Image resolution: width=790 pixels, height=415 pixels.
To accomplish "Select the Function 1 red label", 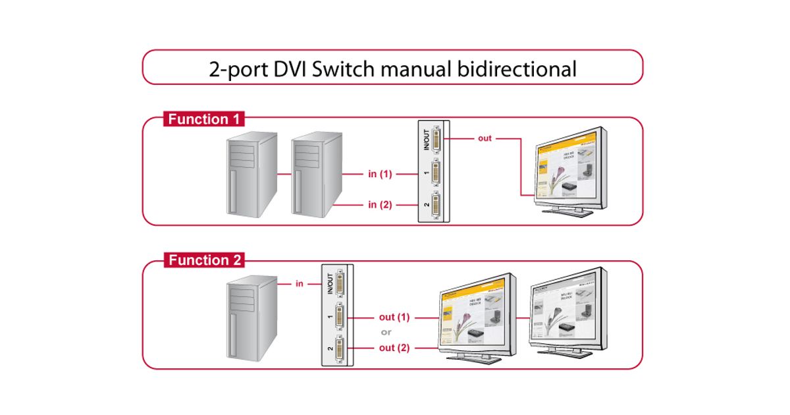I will coord(204,119).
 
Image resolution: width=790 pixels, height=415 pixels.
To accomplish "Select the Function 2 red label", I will coord(204,260).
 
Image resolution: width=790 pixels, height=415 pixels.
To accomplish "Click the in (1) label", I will coord(380,174).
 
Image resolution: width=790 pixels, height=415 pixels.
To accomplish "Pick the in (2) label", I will coord(380,205).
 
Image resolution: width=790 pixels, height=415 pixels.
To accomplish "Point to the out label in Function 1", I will coord(485,138).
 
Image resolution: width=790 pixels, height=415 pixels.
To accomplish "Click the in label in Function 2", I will coord(299,284).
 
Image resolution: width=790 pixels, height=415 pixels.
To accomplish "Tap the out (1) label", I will coord(394,317).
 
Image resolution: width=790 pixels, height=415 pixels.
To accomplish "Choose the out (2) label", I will coord(394,348).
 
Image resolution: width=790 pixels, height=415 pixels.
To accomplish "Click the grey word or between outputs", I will coord(386,332).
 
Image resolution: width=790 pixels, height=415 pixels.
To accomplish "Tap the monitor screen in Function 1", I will coord(565,167).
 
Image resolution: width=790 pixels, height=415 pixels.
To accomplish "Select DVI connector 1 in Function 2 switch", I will coord(340,318).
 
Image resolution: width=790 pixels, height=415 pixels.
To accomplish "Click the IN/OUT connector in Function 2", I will coord(340,285).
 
